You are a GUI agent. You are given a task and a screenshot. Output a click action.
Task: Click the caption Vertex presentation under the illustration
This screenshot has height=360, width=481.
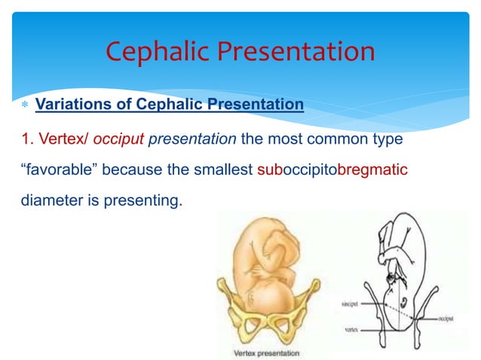(265, 352)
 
